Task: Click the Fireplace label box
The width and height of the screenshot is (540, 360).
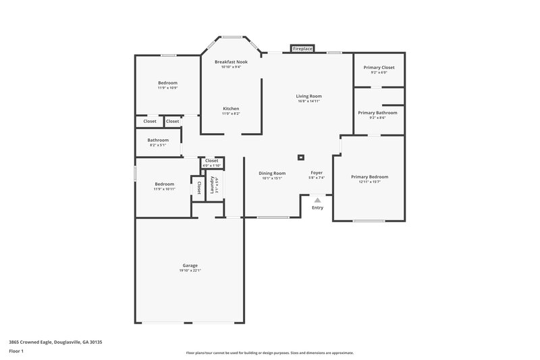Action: (x=302, y=49)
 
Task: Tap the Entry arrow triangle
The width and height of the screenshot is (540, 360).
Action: (x=317, y=199)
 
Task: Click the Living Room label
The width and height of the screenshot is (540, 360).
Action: (x=308, y=96)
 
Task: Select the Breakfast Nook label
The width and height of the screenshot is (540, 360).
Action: (x=232, y=61)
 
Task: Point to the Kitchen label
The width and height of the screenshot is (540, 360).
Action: (x=231, y=108)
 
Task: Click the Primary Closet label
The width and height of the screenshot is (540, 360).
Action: (x=379, y=67)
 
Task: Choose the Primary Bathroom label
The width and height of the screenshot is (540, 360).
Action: (x=377, y=113)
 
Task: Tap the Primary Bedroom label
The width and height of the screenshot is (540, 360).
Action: (x=369, y=176)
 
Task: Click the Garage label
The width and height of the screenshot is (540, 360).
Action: (x=190, y=265)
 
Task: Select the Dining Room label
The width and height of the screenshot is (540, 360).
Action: (x=272, y=173)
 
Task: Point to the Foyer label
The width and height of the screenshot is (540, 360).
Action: (x=317, y=173)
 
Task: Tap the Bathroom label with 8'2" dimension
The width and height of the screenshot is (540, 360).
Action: (x=157, y=140)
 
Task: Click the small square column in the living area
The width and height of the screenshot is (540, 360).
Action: (x=301, y=156)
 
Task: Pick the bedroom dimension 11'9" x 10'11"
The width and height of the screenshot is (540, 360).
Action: (x=165, y=189)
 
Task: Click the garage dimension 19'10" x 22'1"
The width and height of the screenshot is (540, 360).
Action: (x=190, y=270)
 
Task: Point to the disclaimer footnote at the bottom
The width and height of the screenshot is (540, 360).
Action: (x=269, y=353)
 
